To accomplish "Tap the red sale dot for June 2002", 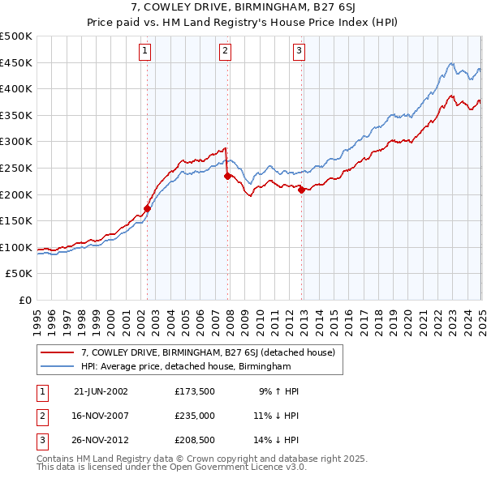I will [x=148, y=208].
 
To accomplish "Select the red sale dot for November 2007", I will [x=228, y=176].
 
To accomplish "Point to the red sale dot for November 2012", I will [x=302, y=190].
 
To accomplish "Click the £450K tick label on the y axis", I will [x=16, y=62].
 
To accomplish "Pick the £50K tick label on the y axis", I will [x=19, y=274].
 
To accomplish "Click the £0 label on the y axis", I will [x=25, y=301].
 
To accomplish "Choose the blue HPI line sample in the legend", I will [x=58, y=366].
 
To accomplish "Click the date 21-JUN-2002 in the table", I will [x=101, y=391].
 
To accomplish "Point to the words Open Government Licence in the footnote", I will [x=244, y=467].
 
